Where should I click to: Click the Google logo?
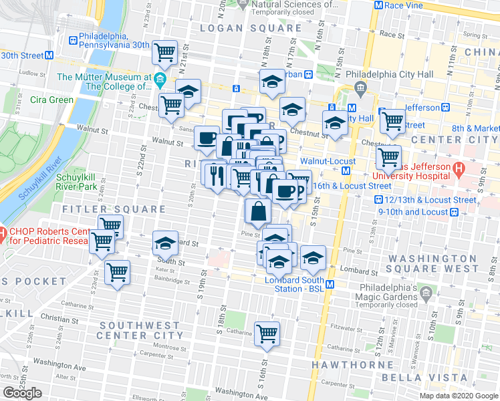[23, 392]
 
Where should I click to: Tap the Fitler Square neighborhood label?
[113, 209]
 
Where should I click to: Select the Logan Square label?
[251, 28]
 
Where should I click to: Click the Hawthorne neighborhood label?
[353, 365]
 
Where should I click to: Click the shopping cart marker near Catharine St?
[267, 332]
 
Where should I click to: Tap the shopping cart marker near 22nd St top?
[164, 51]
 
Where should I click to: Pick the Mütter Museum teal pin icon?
[160, 82]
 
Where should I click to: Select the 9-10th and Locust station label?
[413, 211]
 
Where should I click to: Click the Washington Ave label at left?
[60, 366]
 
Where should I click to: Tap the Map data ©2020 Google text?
[458, 395]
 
